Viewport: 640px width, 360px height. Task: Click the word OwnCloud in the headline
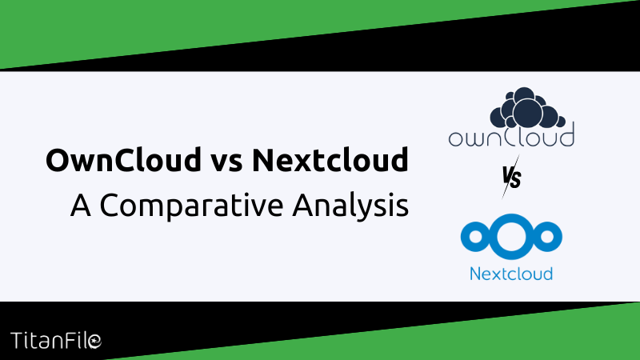tap(124, 159)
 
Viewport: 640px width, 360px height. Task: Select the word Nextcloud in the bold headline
tap(330, 159)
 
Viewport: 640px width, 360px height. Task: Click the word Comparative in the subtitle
tap(192, 206)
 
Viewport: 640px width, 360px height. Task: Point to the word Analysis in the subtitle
tap(350, 206)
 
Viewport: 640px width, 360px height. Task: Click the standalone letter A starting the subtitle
tap(81, 205)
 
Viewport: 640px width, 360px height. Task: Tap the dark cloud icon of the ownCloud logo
tap(527, 107)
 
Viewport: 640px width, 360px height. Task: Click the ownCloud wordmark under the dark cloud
tap(511, 137)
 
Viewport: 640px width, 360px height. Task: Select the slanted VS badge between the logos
tap(511, 177)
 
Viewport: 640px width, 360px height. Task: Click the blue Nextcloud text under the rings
tap(511, 274)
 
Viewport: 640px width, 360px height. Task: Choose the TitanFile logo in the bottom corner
tap(56, 341)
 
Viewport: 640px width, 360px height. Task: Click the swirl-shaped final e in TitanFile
tap(94, 342)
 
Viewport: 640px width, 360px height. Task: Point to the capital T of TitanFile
tap(17, 341)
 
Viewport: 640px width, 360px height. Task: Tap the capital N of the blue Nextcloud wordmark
tap(476, 274)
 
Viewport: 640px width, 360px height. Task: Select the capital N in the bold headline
tap(263, 160)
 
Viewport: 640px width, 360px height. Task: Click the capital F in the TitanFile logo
tap(74, 341)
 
